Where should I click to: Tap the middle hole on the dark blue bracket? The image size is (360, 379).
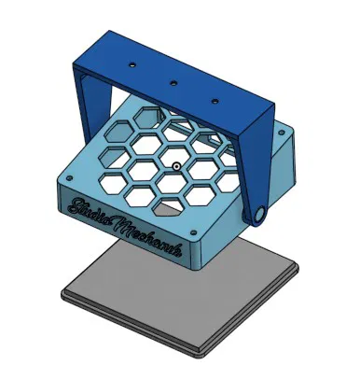point(173,81)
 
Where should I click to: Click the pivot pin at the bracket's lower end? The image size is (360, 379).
point(256,216)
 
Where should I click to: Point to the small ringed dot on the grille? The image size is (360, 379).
point(174,167)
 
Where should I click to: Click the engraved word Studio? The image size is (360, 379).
point(90,209)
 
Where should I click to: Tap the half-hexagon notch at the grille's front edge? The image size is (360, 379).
point(167,207)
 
